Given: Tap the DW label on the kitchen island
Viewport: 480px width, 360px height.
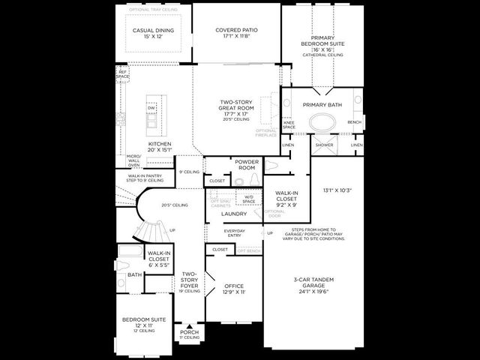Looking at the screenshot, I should pyautogui.click(x=151, y=108).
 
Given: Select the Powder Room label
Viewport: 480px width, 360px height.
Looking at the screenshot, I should pyautogui.click(x=247, y=165).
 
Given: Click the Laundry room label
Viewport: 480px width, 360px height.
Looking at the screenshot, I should pyautogui.click(x=234, y=214).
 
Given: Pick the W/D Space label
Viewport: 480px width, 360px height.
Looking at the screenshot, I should pyautogui.click(x=249, y=199).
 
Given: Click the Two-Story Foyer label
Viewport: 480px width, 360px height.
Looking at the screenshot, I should pyautogui.click(x=189, y=282).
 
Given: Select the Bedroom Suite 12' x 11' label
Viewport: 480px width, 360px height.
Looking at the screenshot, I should pyautogui.click(x=144, y=323).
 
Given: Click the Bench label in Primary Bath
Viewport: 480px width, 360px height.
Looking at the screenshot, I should pyautogui.click(x=354, y=123).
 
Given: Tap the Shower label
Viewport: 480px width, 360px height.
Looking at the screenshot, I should pyautogui.click(x=324, y=145).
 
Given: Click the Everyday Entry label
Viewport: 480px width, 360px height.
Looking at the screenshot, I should pyautogui.click(x=235, y=233).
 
